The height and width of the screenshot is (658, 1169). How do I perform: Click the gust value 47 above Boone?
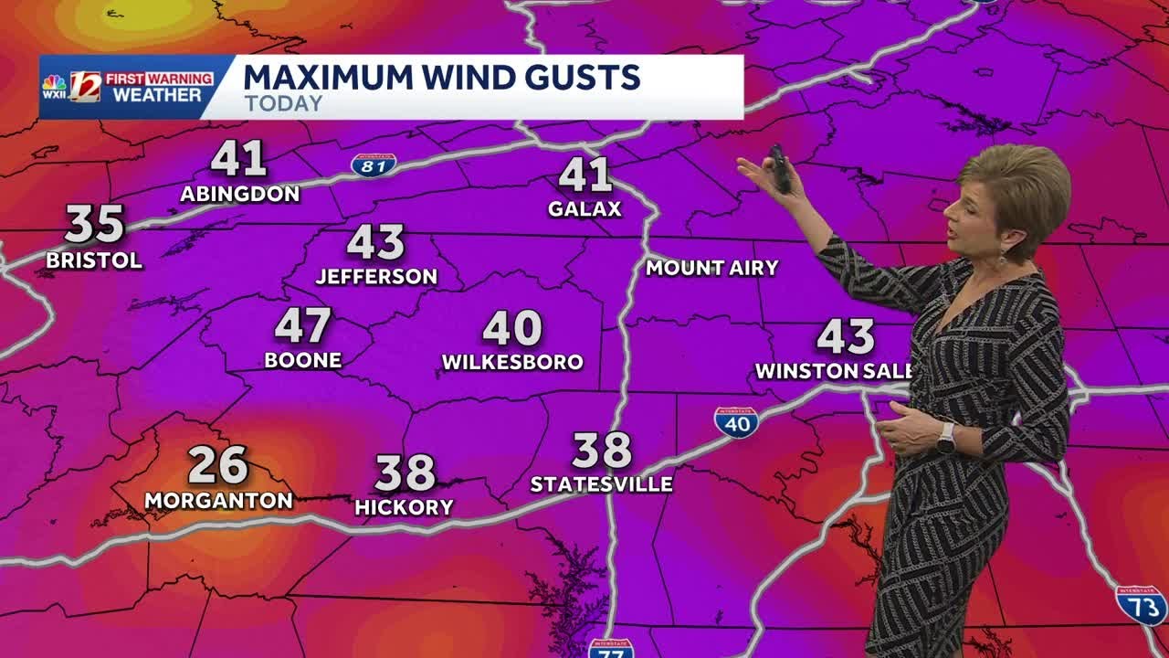[x=302, y=325]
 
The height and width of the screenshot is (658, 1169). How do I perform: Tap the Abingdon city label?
[x=239, y=194]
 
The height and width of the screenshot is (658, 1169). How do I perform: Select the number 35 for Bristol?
[x=94, y=224]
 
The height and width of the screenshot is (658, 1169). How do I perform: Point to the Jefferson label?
[x=376, y=276]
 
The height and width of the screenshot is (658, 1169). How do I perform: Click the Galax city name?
[x=584, y=209]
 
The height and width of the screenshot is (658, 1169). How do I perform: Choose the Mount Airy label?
[x=711, y=268]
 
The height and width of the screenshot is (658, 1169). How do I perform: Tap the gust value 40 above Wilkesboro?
[x=511, y=329]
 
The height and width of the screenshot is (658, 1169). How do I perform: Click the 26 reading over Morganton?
[x=218, y=465]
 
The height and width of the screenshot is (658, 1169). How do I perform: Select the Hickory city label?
[x=404, y=508]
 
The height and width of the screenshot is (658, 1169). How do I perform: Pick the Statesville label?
[x=602, y=484]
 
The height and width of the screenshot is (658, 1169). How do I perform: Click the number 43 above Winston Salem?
[x=845, y=337]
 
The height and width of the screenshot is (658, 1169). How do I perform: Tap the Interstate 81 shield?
[x=374, y=164]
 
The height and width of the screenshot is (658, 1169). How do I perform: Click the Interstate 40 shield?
[x=736, y=422]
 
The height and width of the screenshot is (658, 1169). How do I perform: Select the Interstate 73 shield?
[x=1141, y=605]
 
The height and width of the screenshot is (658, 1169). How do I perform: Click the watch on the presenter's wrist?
[x=945, y=438]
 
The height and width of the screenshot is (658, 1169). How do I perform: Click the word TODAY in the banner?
[x=283, y=103]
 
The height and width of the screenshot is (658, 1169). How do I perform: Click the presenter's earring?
[x=1002, y=260]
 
